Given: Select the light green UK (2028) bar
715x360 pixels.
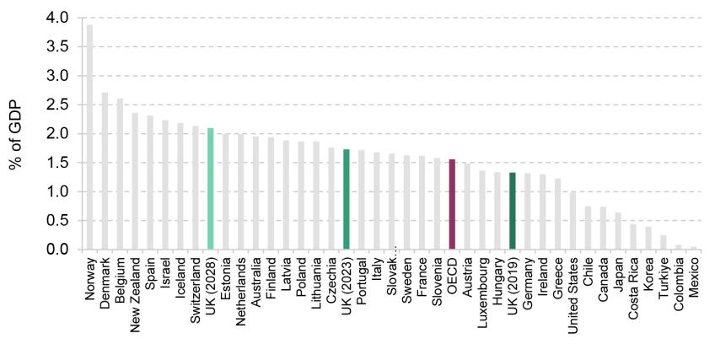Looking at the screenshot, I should (210, 189).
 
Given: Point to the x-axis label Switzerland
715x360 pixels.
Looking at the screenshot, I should (196, 288).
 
